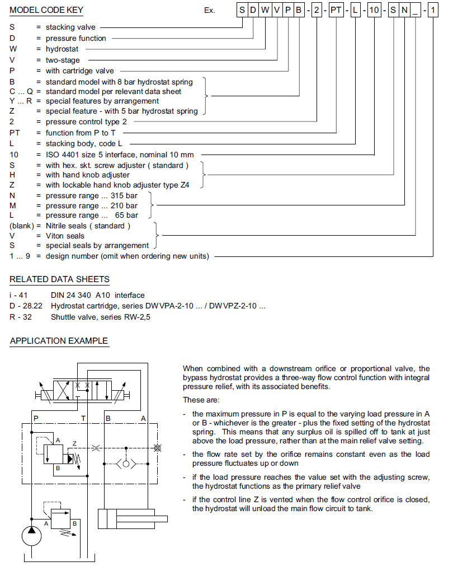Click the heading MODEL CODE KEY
[x=44, y=10]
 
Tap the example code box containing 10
[x=374, y=11]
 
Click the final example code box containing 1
[x=433, y=11]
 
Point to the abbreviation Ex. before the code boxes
[x=210, y=11]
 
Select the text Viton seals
[x=65, y=236]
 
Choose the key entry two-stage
[x=63, y=60]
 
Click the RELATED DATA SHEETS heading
[x=60, y=279]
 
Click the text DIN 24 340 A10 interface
[x=98, y=295]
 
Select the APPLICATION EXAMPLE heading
[x=59, y=341]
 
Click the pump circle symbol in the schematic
[x=32, y=536]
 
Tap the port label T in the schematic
[x=83, y=418]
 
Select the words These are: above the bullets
[x=201, y=400]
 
